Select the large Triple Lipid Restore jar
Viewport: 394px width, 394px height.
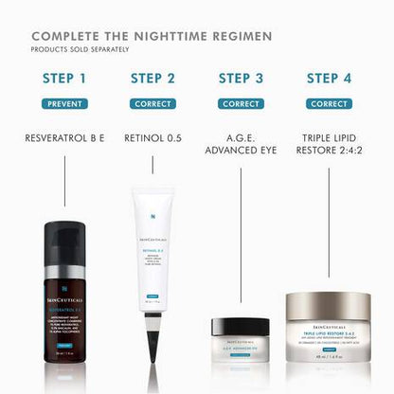(x=329, y=327)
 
